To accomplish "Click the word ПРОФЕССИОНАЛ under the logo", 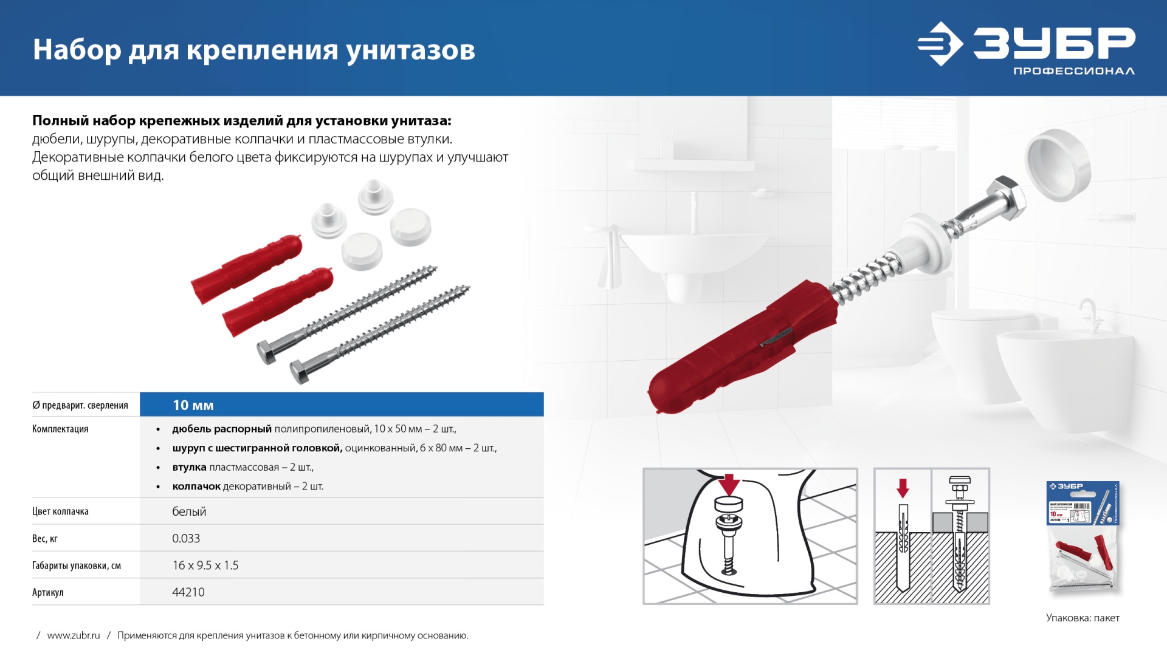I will coord(1073,71).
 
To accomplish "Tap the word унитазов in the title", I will coord(411,50).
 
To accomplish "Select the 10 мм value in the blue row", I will coord(193,405).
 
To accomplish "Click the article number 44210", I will coord(188,592).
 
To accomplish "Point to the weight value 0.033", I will coord(186,539).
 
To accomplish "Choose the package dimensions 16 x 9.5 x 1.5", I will coord(205,565).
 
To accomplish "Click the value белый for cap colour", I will coord(189,512).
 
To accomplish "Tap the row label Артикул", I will coord(48,593).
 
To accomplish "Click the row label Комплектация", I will coord(60,429).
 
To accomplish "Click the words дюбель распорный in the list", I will coord(222,429).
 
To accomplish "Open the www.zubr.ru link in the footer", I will coord(74,635).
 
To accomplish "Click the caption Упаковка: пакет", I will coord(1083,618).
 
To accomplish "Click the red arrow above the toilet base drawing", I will coord(729,485).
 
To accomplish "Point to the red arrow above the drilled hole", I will coord(903,488).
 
